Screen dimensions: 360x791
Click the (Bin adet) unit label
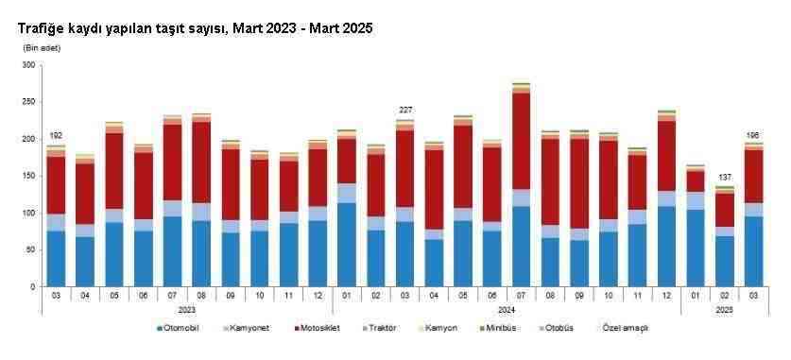pos(41,47)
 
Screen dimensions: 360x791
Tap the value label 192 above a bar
pos(56,136)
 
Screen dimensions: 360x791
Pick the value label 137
pos(725,177)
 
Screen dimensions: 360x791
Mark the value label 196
pos(753,134)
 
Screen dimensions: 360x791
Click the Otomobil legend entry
pos(181,328)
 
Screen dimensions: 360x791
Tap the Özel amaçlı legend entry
pos(628,328)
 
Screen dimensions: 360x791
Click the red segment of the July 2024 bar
pos(521,142)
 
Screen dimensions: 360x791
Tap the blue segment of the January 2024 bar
pos(347,245)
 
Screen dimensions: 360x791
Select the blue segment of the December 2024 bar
pos(666,247)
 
